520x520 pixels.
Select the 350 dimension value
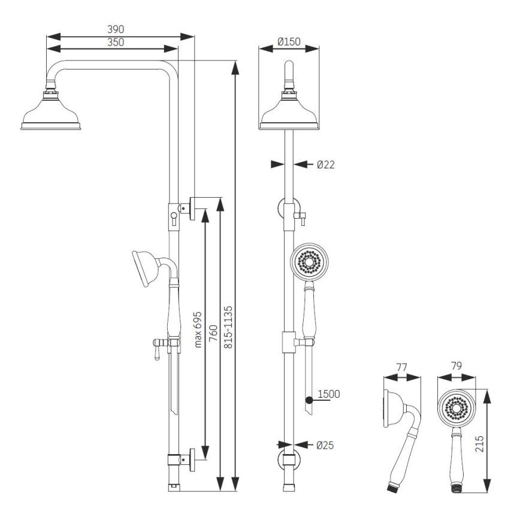(116, 43)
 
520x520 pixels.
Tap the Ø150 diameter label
(289, 42)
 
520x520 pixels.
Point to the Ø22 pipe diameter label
(326, 164)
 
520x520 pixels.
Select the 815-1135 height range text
(228, 332)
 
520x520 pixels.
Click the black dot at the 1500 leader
(308, 398)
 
